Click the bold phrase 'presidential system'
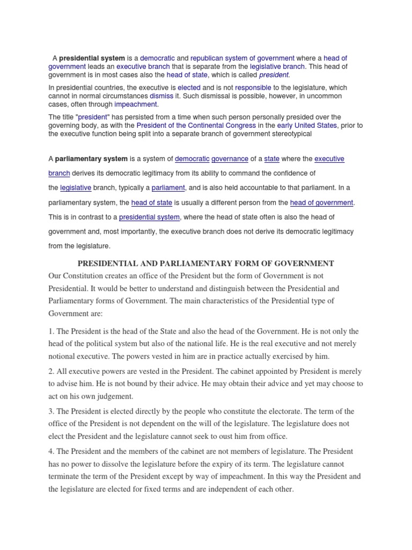[92, 58]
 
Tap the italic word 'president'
[274, 75]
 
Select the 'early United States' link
[304, 125]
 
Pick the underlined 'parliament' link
[168, 188]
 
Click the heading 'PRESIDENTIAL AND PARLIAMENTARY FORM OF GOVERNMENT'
[206, 263]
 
